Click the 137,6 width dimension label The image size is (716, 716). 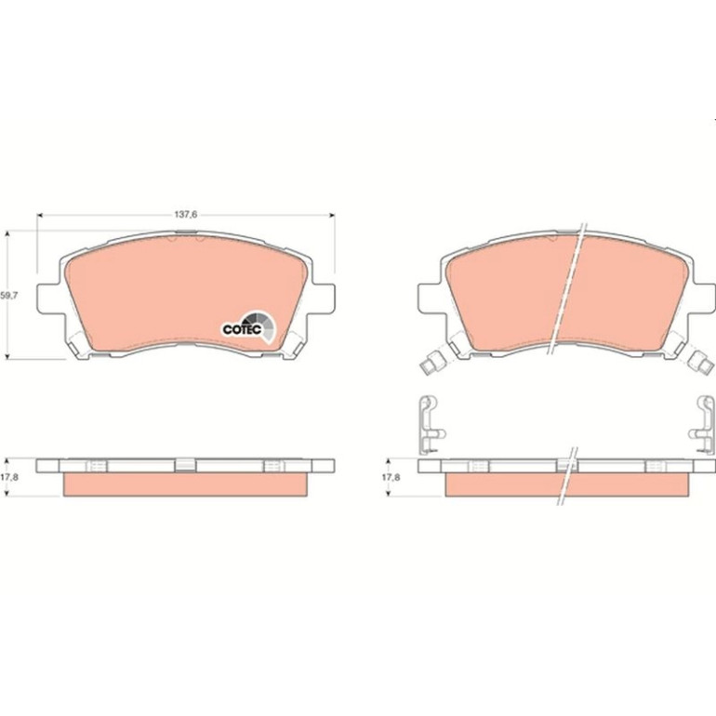pos(185,215)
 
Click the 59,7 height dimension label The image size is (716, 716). pos(8,296)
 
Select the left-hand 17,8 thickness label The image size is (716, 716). pos(8,477)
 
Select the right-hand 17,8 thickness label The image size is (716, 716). pos(391,477)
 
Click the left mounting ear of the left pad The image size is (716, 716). pos(48,298)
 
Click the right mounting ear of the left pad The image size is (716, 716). pos(324,298)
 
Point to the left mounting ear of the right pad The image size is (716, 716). pos(431,298)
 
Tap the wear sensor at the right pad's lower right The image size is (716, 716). pos(702,360)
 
